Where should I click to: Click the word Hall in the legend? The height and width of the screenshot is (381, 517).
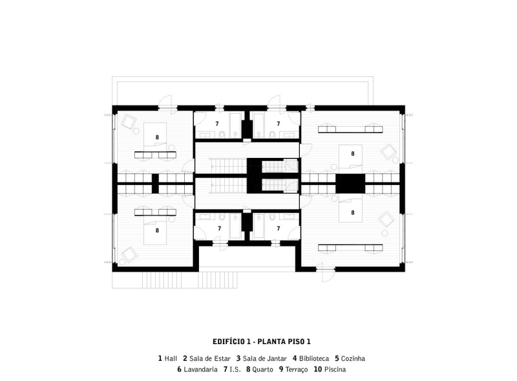pyautogui.click(x=171, y=358)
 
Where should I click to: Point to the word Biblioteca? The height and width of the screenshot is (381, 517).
pyautogui.click(x=314, y=358)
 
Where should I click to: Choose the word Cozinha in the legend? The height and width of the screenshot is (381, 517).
pyautogui.click(x=354, y=358)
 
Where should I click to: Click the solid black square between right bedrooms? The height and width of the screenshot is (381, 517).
pyautogui.click(x=350, y=183)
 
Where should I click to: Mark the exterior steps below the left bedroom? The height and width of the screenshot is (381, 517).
pyautogui.click(x=156, y=279)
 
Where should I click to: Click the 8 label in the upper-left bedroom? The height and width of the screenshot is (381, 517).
pyautogui.click(x=157, y=137)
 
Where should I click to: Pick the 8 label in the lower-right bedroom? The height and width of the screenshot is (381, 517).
pyautogui.click(x=353, y=212)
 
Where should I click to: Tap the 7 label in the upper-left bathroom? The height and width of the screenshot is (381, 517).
pyautogui.click(x=218, y=124)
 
